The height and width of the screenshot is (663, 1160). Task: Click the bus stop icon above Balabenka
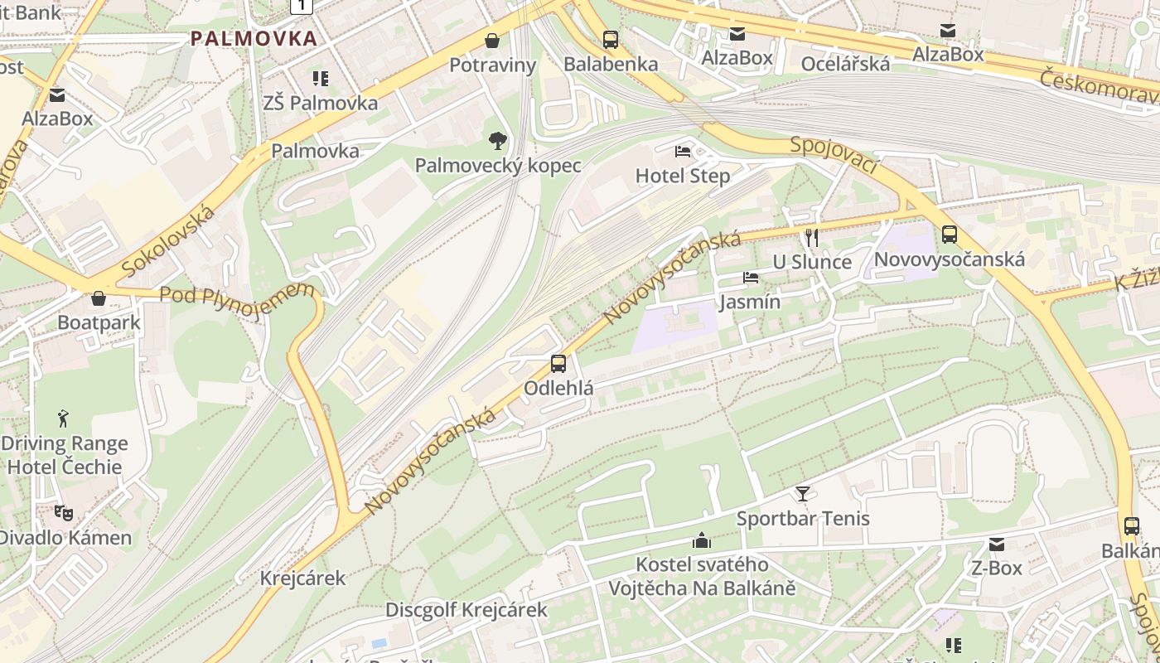click(x=611, y=39)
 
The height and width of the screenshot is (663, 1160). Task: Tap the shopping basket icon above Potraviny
click(x=492, y=40)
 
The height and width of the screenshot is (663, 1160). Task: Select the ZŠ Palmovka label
click(x=321, y=103)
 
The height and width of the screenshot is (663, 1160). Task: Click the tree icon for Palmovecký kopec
click(x=497, y=140)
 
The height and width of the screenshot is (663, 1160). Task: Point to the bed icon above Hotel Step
click(x=683, y=151)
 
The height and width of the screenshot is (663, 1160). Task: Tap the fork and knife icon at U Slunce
click(x=812, y=238)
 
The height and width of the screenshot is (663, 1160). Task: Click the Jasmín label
click(x=750, y=302)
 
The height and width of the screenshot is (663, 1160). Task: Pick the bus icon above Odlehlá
click(x=558, y=363)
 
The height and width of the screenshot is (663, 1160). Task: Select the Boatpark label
click(x=99, y=322)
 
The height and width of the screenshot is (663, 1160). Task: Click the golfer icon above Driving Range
click(x=64, y=419)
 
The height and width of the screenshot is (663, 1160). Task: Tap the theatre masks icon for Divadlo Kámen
click(x=64, y=513)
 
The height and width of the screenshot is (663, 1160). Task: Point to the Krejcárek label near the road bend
click(x=302, y=578)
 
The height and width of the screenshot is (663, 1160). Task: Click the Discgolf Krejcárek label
click(x=466, y=611)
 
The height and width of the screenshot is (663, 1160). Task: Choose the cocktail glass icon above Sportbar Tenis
click(x=803, y=494)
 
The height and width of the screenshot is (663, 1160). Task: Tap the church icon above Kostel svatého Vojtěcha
click(x=702, y=541)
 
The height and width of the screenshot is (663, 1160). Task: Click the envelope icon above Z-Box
click(x=997, y=544)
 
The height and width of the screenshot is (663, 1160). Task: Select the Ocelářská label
click(x=845, y=64)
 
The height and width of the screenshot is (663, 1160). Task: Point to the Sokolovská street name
click(x=168, y=240)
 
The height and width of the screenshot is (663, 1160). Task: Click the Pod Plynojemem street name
click(x=237, y=293)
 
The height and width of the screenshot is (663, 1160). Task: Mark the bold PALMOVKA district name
click(x=254, y=38)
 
